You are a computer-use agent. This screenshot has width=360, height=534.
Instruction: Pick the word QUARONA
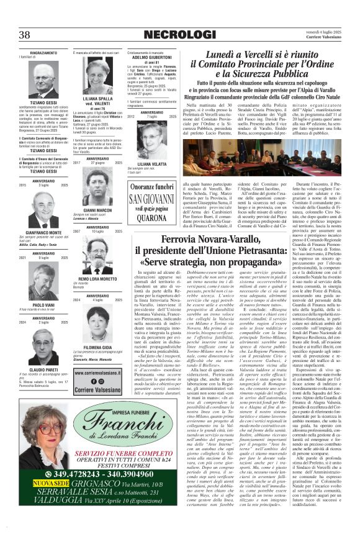coord(151,218)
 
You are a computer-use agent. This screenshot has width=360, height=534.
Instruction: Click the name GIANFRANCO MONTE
coord(43,232)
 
